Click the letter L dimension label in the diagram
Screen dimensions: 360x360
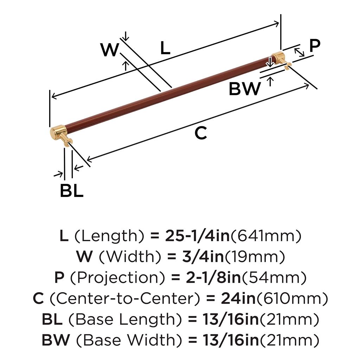[x=165, y=48]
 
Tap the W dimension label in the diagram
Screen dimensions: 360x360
[x=109, y=50]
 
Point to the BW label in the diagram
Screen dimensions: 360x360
[x=245, y=89]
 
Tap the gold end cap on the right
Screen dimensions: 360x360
[x=278, y=57]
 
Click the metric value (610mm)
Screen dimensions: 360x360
[x=292, y=299]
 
